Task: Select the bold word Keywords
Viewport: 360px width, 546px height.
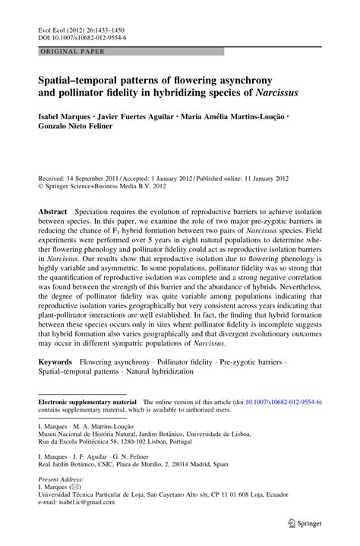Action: pyautogui.click(x=55, y=363)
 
